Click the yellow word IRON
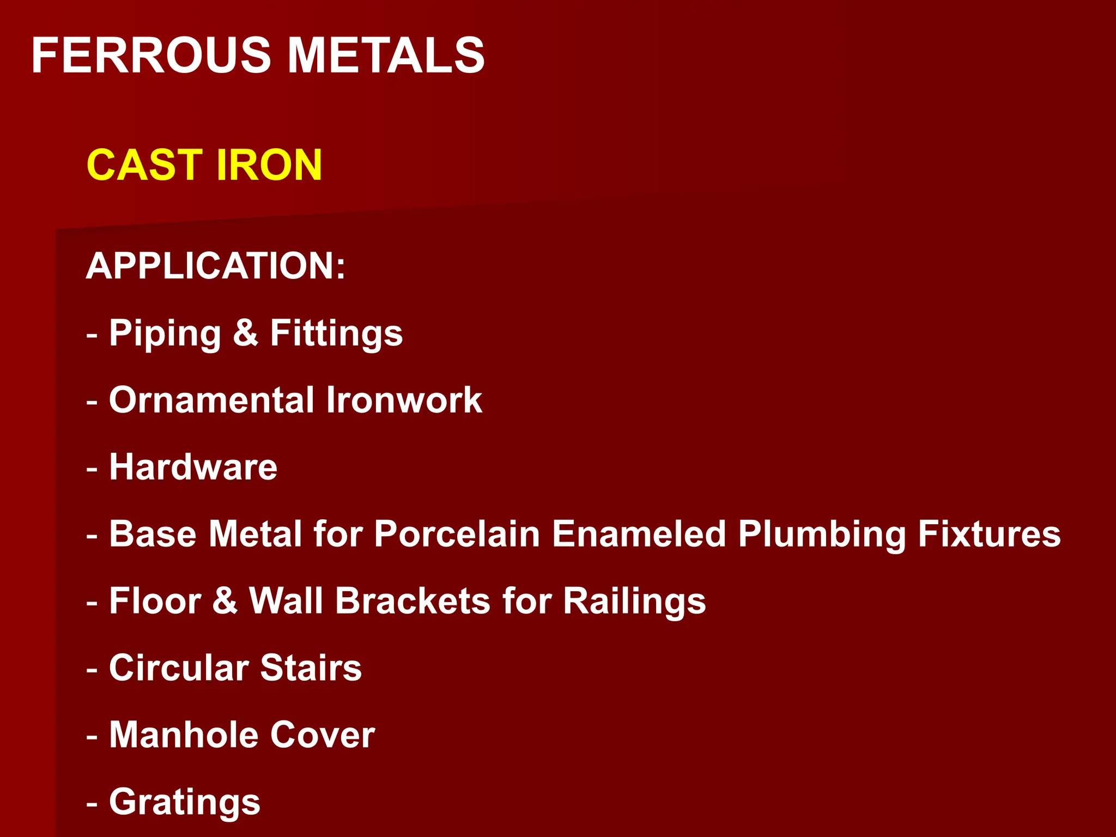(269, 165)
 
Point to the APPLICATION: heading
(216, 266)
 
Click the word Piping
(165, 333)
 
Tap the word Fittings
(336, 333)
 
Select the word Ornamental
(212, 400)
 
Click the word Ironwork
(404, 400)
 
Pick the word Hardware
(193, 467)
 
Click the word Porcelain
(457, 533)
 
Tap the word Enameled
(639, 533)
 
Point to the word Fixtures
(989, 533)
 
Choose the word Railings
(634, 602)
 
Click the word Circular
(179, 668)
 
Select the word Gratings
(185, 803)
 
